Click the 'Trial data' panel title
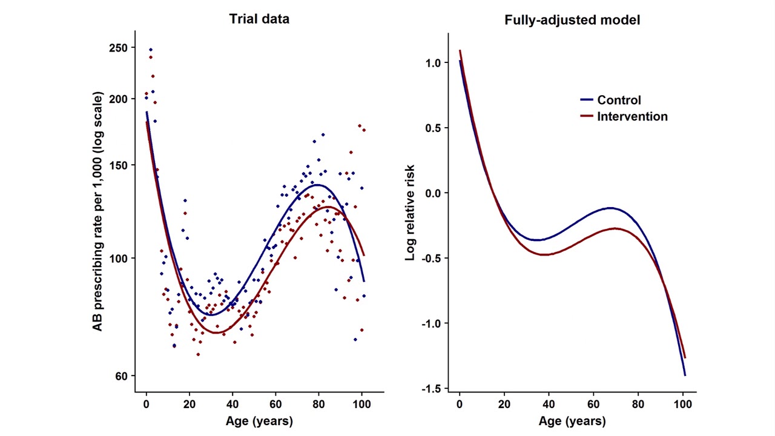point(259,19)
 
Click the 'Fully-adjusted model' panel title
point(572,20)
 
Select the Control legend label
point(619,101)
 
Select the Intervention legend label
point(632,116)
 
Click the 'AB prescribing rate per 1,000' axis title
point(98,212)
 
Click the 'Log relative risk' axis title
point(411,212)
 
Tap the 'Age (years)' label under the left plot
point(259,421)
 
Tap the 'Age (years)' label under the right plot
point(572,421)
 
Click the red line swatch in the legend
point(586,116)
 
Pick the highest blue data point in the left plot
point(151,50)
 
